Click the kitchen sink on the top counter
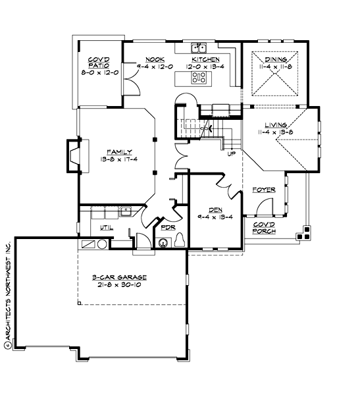point(199,47)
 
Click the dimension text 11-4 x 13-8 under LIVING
point(275,132)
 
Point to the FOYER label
point(264,190)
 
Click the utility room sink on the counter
point(125,211)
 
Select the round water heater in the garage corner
point(101,244)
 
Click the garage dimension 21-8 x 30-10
point(119,286)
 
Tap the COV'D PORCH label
point(264,228)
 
